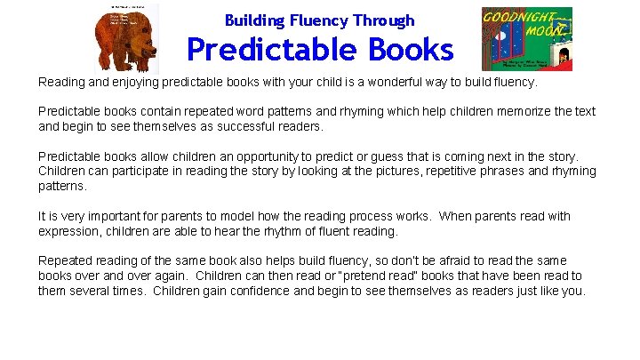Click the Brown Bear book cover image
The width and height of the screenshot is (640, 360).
(128, 39)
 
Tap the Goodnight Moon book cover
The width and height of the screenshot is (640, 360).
(526, 39)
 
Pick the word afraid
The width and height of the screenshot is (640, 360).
(460, 260)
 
